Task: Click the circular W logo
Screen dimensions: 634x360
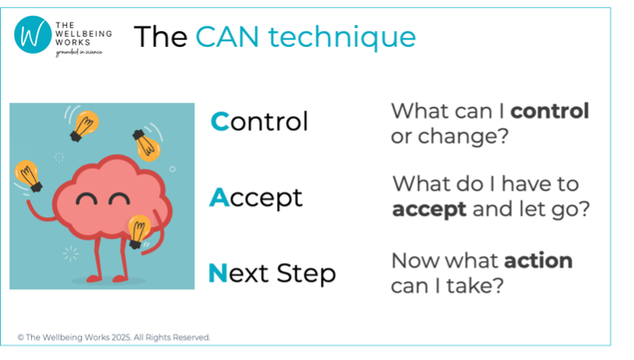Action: click(33, 35)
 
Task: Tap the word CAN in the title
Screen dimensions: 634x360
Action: click(227, 37)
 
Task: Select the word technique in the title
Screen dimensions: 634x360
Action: click(342, 37)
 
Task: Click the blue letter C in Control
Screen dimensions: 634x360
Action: click(220, 121)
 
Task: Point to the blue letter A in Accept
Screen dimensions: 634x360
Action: click(219, 197)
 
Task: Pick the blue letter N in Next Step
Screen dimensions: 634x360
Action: click(218, 273)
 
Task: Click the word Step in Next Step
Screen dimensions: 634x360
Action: click(307, 274)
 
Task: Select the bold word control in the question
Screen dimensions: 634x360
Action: click(550, 111)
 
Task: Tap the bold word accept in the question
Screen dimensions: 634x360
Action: click(429, 210)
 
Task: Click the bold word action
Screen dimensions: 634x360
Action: click(539, 261)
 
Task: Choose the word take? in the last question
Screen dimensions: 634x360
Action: click(475, 286)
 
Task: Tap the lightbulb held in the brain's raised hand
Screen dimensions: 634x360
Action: click(29, 176)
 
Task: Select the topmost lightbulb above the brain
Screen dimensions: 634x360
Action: click(84, 126)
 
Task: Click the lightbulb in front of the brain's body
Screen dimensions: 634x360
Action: click(138, 231)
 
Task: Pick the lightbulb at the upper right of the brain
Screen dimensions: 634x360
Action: click(146, 145)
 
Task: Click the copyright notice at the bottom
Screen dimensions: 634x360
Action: click(114, 337)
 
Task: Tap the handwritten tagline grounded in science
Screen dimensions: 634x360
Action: click(79, 52)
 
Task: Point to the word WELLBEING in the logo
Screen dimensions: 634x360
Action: click(84, 34)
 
